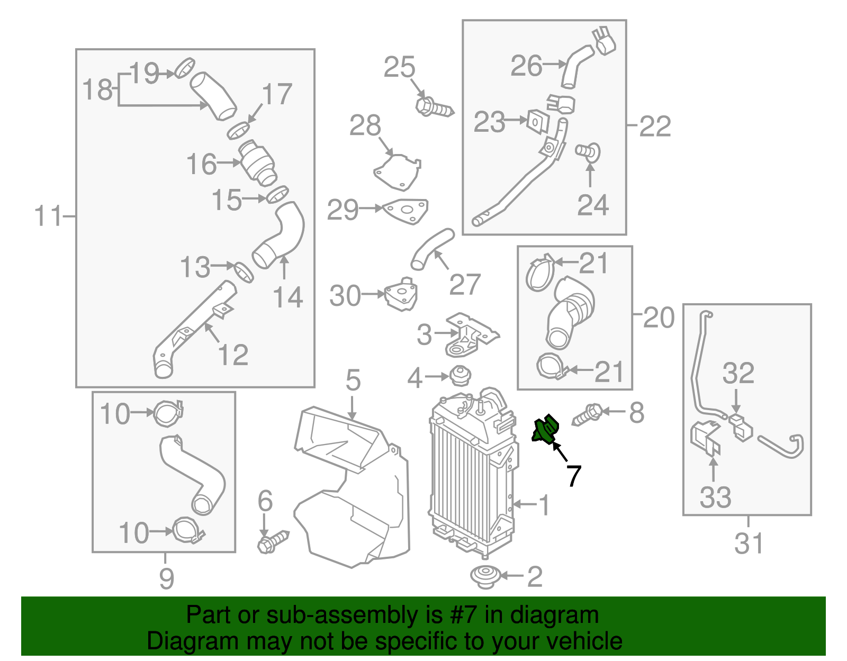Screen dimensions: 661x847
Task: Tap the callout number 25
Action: [399, 67]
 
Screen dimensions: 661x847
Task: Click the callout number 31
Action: [749, 544]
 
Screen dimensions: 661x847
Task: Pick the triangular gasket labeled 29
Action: [406, 210]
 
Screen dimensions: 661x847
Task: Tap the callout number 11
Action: [48, 216]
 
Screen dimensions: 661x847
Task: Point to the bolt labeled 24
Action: [588, 151]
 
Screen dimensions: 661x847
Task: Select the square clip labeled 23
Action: [536, 121]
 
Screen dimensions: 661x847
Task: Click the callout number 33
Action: [715, 497]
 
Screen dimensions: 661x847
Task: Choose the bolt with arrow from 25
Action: [434, 108]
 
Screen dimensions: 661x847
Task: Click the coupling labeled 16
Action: [257, 162]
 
